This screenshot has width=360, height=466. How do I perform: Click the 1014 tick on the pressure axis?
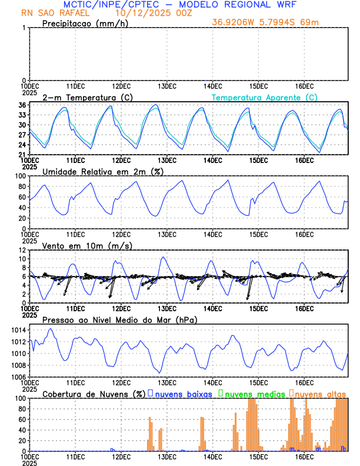pos(18,331)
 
